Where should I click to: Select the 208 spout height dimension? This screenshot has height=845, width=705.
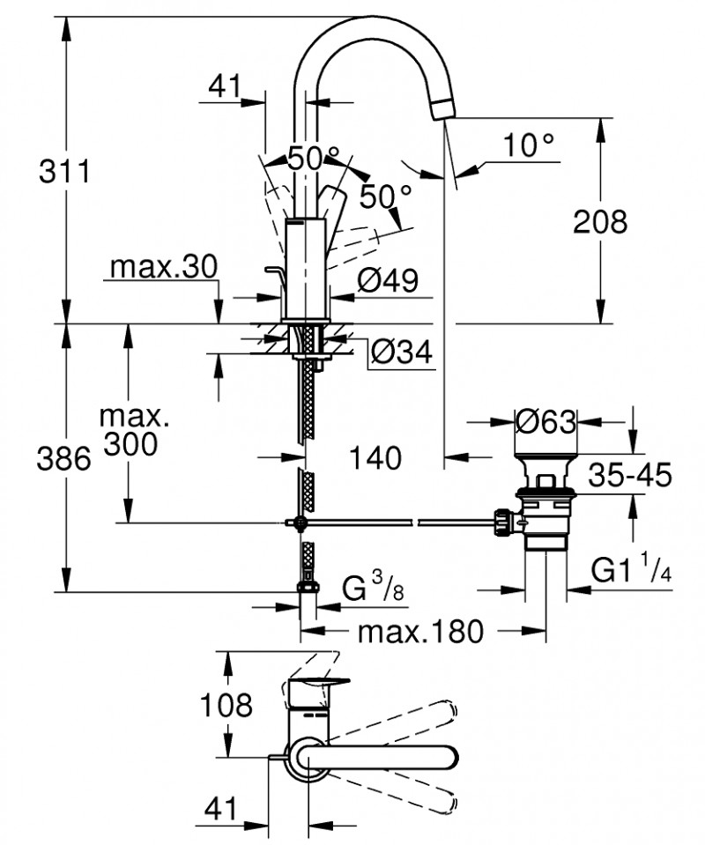pyautogui.click(x=600, y=221)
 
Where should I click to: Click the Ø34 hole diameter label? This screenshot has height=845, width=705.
pyautogui.click(x=401, y=352)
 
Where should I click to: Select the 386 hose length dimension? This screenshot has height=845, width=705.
pyautogui.click(x=64, y=458)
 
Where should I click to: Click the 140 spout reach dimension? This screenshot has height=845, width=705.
pyautogui.click(x=375, y=457)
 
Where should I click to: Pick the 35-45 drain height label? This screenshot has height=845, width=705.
pyautogui.click(x=630, y=476)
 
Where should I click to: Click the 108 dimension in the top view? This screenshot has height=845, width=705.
pyautogui.click(x=226, y=705)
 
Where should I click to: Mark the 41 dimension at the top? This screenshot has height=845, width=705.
pyautogui.click(x=226, y=86)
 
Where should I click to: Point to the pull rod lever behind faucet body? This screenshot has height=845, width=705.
pyautogui.click(x=272, y=280)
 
